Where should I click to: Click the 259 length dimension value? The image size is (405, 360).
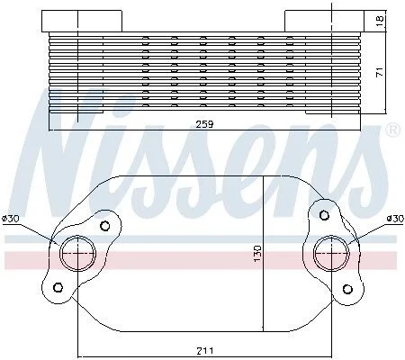[204, 124]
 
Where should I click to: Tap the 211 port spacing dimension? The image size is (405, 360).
[205, 350]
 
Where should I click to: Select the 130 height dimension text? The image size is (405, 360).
[257, 253]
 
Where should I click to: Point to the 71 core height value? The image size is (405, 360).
[380, 72]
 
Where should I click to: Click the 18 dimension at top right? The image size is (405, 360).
[380, 20]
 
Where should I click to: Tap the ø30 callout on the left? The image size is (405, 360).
[11, 219]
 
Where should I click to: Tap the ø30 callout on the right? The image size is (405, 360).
[395, 219]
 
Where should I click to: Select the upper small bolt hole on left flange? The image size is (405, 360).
[104, 226]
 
